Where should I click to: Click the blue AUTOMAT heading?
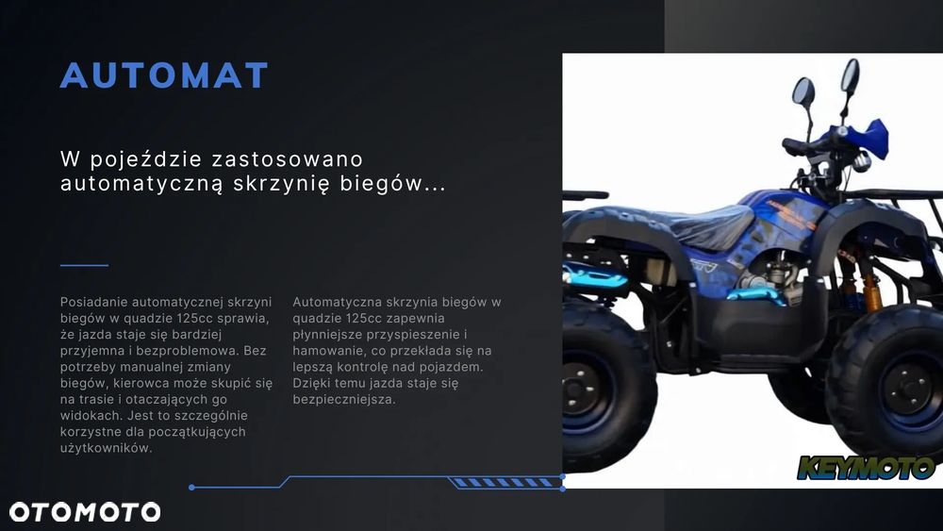[163, 75]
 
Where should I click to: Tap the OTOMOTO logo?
[85, 512]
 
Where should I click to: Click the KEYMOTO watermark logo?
[866, 468]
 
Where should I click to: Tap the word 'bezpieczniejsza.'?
[344, 399]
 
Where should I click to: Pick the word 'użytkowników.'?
[106, 448]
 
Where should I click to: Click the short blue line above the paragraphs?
[84, 265]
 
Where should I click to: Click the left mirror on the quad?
[803, 92]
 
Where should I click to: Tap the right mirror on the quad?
[850, 75]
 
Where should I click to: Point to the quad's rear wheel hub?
[581, 389]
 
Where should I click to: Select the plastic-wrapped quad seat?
[691, 226]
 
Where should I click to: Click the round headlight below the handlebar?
[861, 162]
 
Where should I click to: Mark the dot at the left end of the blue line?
[191, 487]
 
